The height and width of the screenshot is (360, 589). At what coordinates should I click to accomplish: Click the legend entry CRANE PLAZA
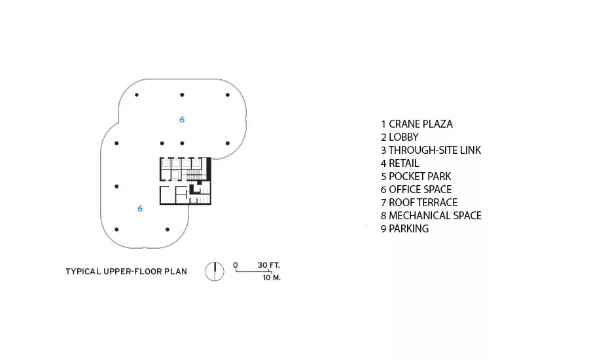[x=417, y=124]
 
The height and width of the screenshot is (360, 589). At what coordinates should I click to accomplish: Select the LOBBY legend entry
[x=400, y=137]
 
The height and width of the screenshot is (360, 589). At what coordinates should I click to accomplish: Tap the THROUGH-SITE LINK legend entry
[x=431, y=151]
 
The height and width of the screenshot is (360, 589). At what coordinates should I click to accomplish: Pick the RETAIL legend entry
[x=400, y=164]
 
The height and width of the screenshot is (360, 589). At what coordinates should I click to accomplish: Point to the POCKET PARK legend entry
[x=416, y=176]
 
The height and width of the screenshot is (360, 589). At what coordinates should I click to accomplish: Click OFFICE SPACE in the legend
[x=416, y=189]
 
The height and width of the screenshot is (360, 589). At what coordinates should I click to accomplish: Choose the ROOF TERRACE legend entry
[x=419, y=202]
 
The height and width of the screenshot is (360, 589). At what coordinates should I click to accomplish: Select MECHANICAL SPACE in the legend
[x=431, y=216]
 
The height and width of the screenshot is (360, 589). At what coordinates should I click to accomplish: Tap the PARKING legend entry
[x=405, y=229]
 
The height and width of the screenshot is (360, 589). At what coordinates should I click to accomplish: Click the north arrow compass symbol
[x=215, y=272]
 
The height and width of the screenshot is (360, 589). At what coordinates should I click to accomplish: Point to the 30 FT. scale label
[x=268, y=265]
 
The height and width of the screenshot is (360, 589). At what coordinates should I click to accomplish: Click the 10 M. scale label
[x=272, y=278]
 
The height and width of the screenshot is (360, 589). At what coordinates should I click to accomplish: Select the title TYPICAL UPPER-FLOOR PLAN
[x=126, y=272]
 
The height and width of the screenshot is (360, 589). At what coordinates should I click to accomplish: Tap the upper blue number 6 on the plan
[x=182, y=120]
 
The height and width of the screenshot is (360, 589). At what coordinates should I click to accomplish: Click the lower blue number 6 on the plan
[x=140, y=209]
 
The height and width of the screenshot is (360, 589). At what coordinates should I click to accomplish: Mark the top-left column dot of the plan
[x=137, y=95]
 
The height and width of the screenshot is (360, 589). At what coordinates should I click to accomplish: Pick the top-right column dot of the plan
[x=228, y=95]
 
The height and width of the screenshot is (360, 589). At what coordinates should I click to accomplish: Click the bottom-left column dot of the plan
[x=116, y=229]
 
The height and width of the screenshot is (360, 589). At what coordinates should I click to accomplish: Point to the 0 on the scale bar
[x=236, y=265]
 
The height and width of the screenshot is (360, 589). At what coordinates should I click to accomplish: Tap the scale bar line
[x=253, y=272]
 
